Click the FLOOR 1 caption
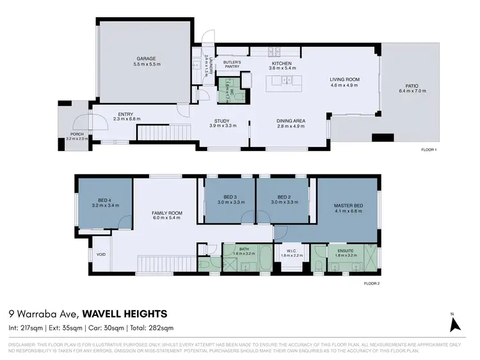[428, 150]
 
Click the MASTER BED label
[348, 205]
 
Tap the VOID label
[100, 253]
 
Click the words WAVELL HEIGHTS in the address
[125, 313]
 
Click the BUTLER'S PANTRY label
[232, 65]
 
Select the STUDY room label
[223, 120]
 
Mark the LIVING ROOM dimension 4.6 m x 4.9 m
[345, 85]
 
